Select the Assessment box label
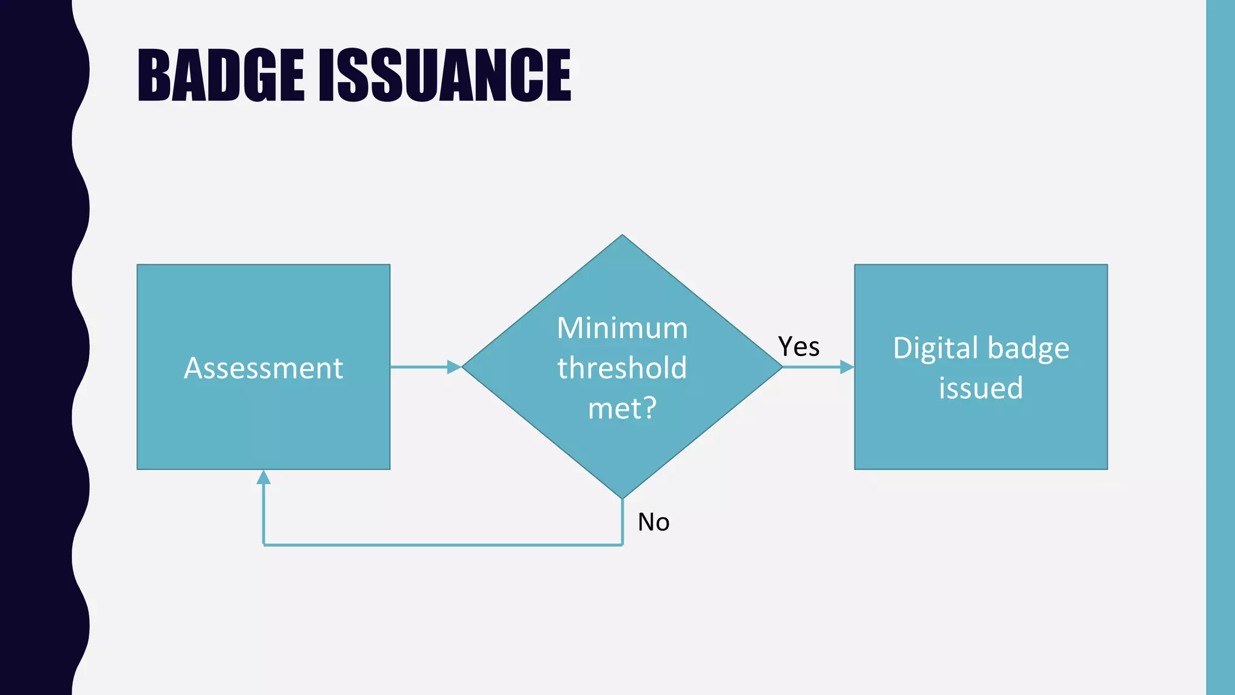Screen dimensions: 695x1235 point(264,368)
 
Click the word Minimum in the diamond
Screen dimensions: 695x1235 point(622,328)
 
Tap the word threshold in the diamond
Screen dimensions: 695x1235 point(622,368)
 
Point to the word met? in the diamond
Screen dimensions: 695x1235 point(622,408)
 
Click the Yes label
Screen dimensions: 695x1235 point(798,347)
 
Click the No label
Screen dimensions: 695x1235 point(654,522)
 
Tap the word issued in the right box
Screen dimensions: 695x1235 point(981,388)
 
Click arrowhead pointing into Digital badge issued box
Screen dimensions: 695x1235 point(847,367)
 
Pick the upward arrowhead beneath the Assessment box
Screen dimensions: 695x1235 point(264,477)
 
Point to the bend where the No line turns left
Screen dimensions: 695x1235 point(622,545)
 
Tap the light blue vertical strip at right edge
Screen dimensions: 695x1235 point(1220,347)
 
